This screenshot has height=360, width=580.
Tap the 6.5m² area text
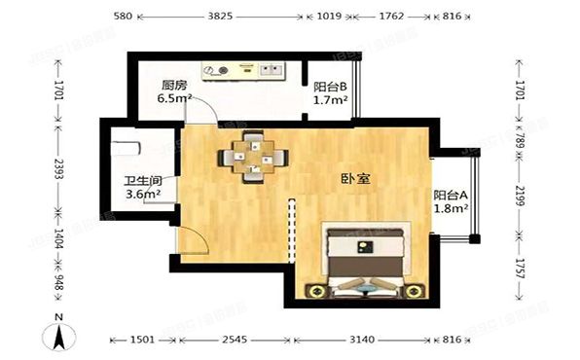tap(175, 99)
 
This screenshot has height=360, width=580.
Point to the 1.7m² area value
tap(328, 99)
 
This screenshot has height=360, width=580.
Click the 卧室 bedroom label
tap(354, 179)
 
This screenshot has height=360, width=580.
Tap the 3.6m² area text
tap(142, 195)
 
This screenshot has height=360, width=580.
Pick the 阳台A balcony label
tap(450, 193)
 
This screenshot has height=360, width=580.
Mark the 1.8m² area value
tap(451, 207)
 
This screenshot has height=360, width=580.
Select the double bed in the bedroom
tap(366, 260)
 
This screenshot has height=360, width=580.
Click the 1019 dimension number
tap(331, 17)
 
